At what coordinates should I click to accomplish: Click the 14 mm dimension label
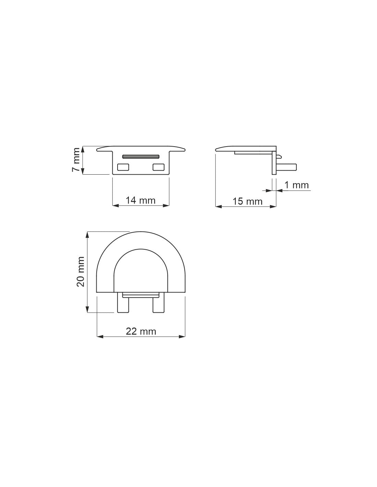click(140, 200)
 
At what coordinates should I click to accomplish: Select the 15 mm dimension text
click(247, 201)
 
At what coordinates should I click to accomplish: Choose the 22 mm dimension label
click(141, 332)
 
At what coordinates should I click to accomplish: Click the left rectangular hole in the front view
click(123, 167)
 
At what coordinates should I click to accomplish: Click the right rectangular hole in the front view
click(158, 167)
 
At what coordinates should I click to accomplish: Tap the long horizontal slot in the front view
click(141, 157)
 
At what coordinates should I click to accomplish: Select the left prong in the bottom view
click(123, 303)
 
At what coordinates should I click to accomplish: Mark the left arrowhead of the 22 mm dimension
click(100, 337)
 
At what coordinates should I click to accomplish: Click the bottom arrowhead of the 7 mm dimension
click(83, 172)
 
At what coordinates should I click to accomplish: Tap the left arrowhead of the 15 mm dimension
click(218, 207)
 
